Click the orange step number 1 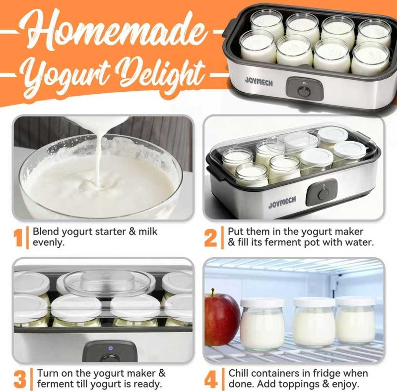(19, 237)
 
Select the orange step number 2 (210, 237)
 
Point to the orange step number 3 (20, 379)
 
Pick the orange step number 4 (211, 379)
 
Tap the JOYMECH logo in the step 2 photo (283, 205)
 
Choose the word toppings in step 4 (307, 385)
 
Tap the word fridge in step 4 (331, 373)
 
